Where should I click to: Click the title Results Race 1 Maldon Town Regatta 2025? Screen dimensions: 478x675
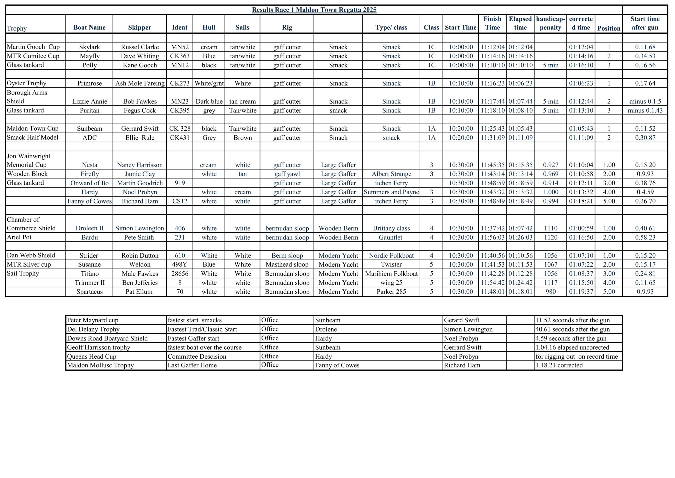pos(314,10)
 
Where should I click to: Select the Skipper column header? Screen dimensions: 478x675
pos(140,27)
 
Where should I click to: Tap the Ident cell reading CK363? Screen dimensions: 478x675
pos(180,56)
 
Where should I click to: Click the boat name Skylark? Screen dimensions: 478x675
pos(89,47)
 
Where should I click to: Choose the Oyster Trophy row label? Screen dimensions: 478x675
pos(26,83)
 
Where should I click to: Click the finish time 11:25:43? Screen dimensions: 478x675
pos(493,129)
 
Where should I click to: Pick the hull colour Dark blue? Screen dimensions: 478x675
pos(209,102)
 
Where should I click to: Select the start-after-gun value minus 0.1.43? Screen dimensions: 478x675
pos(645,110)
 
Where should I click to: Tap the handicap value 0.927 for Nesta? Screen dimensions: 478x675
pos(550,165)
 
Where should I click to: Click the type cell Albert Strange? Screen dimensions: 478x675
pos(391,174)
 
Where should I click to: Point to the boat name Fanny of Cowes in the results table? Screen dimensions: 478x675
pos(89,201)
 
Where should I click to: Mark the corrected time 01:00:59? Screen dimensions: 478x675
pos(581,228)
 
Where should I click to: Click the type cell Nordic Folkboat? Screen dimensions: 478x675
pos(391,255)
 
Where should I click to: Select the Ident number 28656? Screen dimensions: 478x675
pos(180,274)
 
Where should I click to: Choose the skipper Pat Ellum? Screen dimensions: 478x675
pos(139,292)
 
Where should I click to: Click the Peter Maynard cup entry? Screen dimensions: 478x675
pos(93,320)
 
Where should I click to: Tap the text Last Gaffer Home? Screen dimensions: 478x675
pos(192,365)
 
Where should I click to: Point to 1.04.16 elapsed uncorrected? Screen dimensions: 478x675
pos(572,347)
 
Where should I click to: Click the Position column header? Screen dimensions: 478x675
pos(609,28)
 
